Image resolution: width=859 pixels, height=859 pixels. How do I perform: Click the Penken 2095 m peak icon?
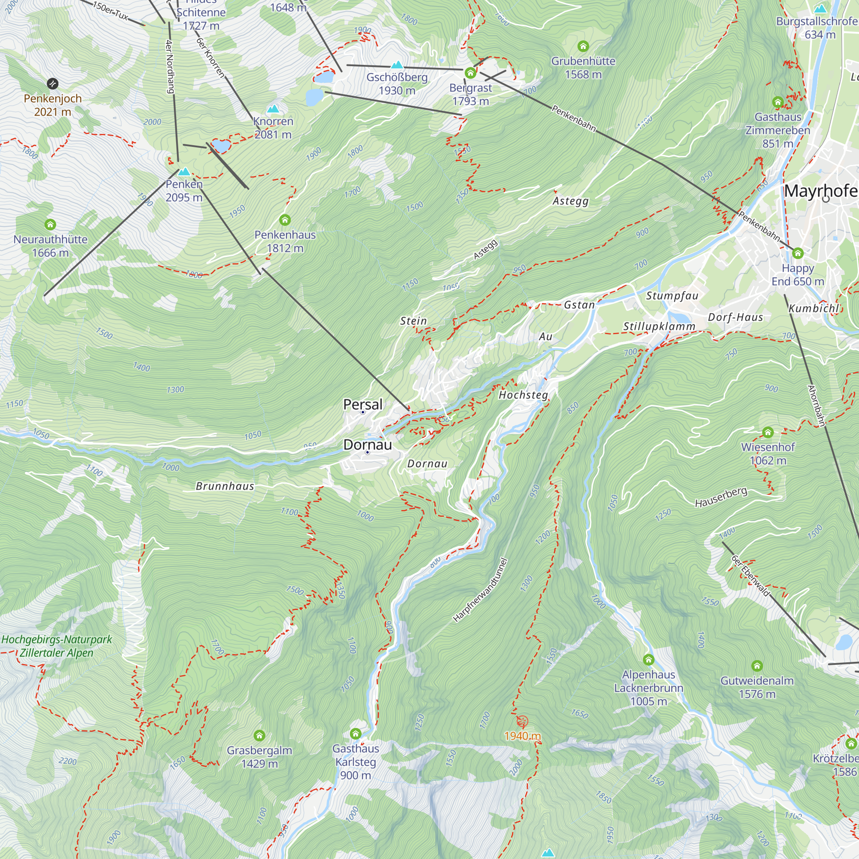click(x=184, y=172)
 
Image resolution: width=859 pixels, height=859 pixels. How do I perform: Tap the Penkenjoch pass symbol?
click(x=52, y=84)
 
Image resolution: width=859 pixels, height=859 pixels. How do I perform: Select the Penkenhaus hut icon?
click(x=285, y=220)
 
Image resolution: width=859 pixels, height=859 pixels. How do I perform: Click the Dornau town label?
click(x=368, y=445)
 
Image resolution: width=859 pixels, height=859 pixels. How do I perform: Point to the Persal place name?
click(x=363, y=405)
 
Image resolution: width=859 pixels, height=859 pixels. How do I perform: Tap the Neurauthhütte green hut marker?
click(x=50, y=225)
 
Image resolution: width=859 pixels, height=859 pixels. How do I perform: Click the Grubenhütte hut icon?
click(x=583, y=46)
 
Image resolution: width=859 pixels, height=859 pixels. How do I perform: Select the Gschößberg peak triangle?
click(x=397, y=65)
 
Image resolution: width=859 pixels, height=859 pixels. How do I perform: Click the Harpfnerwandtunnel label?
click(x=480, y=590)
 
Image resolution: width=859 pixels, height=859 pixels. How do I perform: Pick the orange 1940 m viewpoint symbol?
click(x=522, y=721)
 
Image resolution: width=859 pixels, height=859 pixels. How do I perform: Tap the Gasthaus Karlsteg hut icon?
click(x=355, y=733)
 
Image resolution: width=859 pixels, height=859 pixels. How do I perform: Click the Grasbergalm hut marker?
click(x=259, y=735)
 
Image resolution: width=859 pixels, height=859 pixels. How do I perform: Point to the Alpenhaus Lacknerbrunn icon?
click(x=649, y=659)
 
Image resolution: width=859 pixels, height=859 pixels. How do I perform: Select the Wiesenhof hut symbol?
click(x=768, y=432)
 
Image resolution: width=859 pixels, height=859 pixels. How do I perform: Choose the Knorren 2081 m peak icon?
click(x=273, y=109)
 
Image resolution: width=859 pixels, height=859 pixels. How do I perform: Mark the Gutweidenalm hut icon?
click(x=757, y=666)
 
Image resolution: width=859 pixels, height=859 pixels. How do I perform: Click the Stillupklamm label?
click(x=659, y=327)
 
